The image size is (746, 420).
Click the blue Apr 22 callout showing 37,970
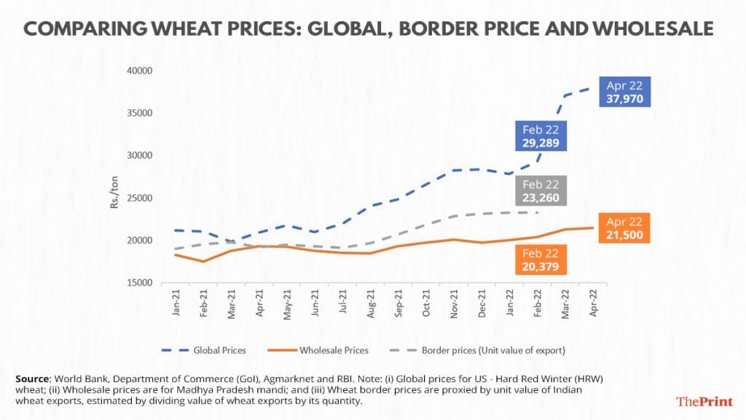(624, 92)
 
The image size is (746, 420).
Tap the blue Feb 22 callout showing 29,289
(541, 136)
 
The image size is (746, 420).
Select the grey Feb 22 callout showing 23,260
(541, 190)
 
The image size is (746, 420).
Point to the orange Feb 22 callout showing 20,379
(540, 260)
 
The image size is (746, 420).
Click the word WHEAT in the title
(196, 30)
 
